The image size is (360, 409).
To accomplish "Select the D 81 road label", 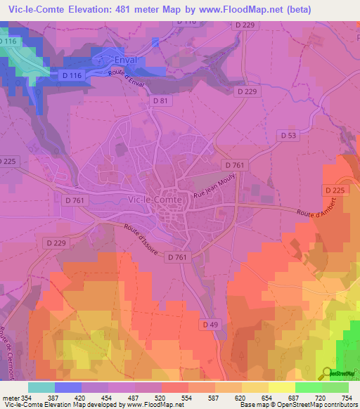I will point(161,102).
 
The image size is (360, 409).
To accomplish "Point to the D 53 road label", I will point(290,134).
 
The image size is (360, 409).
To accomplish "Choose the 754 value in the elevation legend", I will point(348,398).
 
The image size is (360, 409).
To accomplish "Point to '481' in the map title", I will point(124,8).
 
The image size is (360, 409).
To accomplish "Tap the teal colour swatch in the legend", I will point(41,387).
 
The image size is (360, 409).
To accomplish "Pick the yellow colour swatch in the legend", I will point(282,387).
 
